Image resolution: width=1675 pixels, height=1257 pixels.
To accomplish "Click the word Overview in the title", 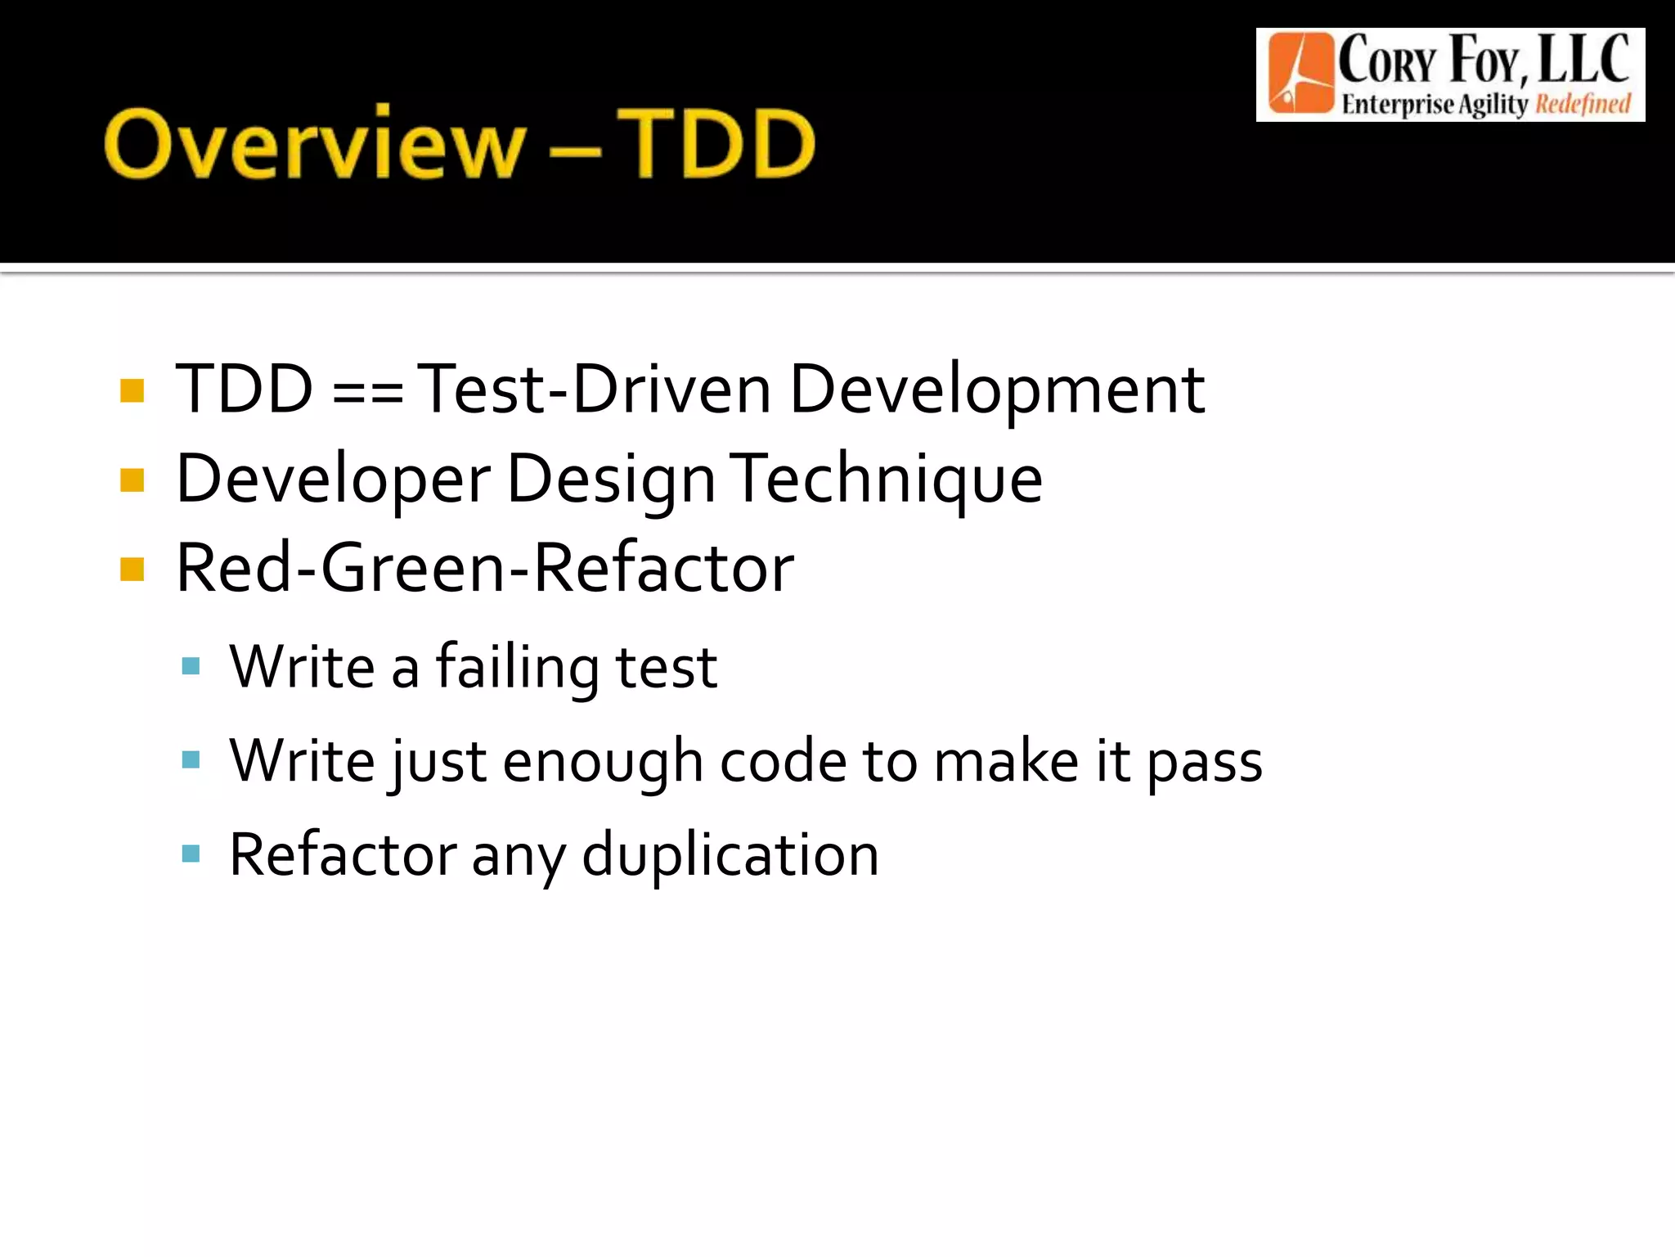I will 314,144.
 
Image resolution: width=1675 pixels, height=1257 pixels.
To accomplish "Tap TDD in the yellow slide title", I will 716,144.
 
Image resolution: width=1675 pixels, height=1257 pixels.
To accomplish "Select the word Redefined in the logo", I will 1583,105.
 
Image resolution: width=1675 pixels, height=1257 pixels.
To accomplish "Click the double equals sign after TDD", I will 368,391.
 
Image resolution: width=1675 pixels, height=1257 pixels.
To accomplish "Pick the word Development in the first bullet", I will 996,390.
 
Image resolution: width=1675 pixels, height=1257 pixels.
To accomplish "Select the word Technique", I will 888,480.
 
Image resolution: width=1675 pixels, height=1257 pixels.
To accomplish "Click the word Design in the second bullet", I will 611,481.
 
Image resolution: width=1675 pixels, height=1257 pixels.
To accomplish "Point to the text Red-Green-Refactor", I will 485,568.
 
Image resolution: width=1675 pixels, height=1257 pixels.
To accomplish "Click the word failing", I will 518,668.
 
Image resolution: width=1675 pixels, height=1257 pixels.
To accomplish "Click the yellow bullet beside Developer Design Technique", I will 132,480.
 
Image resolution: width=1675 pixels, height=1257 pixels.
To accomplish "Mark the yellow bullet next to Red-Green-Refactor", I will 132,569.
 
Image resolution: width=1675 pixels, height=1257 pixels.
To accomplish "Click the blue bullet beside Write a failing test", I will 191,666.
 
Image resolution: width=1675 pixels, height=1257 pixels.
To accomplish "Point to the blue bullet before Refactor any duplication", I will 191,854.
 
